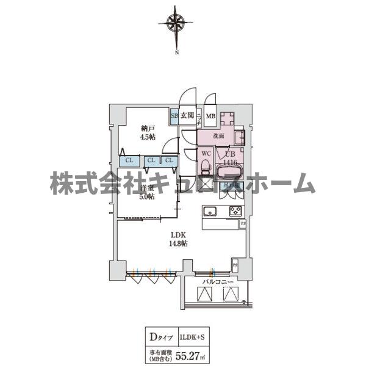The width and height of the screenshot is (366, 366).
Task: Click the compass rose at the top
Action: coord(176,24)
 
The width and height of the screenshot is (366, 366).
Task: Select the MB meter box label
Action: coord(210,116)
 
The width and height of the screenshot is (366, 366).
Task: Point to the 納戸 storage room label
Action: coord(146,129)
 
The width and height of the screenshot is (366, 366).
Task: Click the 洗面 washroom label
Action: coord(219,136)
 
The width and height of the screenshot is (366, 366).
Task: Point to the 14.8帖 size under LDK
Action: coord(178,243)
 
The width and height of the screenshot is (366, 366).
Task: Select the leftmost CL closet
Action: coord(128,161)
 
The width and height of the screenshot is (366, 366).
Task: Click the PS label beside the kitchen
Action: coord(243,224)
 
